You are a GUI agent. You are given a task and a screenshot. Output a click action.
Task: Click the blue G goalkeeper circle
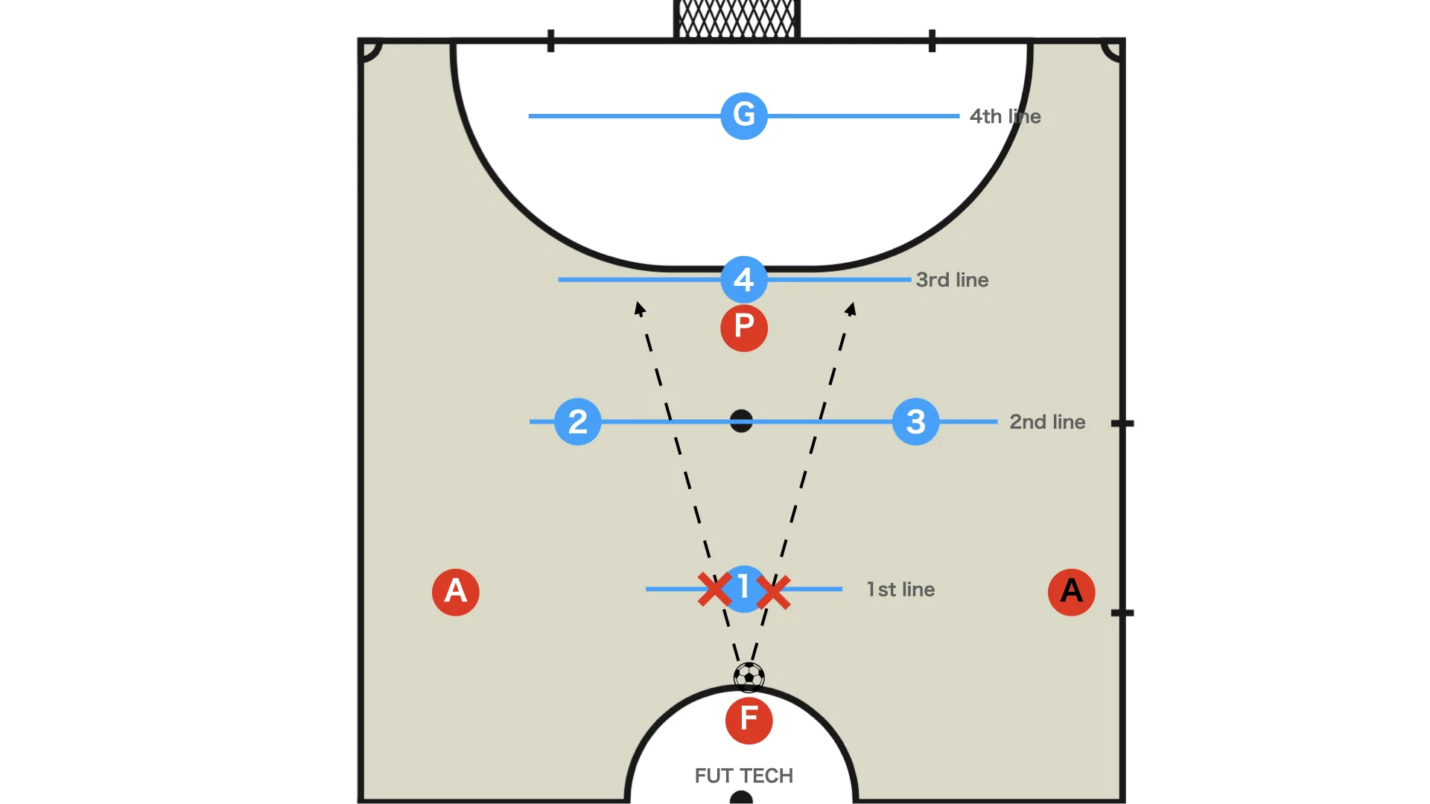(744, 115)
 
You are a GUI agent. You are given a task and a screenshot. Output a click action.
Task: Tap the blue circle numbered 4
(744, 279)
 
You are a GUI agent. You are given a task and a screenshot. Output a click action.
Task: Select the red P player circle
(744, 328)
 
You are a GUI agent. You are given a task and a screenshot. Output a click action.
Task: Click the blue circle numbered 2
(578, 421)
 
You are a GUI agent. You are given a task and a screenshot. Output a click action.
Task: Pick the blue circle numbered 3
(916, 421)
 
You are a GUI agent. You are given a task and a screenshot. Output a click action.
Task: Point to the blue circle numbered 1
(744, 589)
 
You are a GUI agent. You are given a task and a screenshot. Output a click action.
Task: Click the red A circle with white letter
(456, 592)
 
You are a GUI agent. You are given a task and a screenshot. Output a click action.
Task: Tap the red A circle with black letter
(1072, 592)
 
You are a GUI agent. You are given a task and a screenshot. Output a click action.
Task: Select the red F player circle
(749, 720)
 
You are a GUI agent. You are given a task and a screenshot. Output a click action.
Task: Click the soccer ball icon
(749, 677)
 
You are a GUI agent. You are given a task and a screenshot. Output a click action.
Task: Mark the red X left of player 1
(714, 590)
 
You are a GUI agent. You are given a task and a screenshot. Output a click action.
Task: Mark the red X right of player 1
(774, 592)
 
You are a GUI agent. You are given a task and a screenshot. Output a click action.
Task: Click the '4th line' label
(1005, 116)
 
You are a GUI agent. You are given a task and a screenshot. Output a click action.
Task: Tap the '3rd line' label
(953, 280)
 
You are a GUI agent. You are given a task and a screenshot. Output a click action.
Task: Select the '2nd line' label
(1047, 422)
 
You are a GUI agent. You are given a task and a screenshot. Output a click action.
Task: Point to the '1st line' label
(900, 590)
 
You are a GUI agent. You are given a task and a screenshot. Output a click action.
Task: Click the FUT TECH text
(744, 776)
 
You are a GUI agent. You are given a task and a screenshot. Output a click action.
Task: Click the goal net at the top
(737, 19)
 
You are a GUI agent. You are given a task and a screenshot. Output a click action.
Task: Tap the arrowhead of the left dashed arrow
(639, 308)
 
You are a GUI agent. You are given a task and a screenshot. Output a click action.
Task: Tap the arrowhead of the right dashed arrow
(851, 308)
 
